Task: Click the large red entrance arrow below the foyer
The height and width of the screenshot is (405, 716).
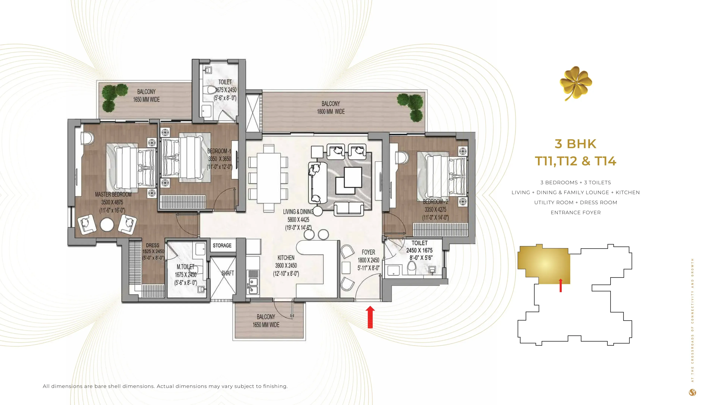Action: click(x=370, y=317)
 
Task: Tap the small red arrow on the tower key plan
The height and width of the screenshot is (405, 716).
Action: click(x=561, y=285)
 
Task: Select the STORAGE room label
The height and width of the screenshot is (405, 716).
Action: click(x=222, y=245)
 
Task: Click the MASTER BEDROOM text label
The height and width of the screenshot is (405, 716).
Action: click(x=113, y=194)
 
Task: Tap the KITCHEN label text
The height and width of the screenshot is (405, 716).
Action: click(x=286, y=258)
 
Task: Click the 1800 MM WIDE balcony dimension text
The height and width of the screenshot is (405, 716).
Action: click(x=331, y=112)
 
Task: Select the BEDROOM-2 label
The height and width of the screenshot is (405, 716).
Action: click(x=435, y=202)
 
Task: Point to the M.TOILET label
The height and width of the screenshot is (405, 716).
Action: click(x=185, y=267)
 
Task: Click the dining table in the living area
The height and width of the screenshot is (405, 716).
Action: click(x=268, y=178)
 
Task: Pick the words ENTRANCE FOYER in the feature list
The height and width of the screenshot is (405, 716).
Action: click(x=575, y=213)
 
